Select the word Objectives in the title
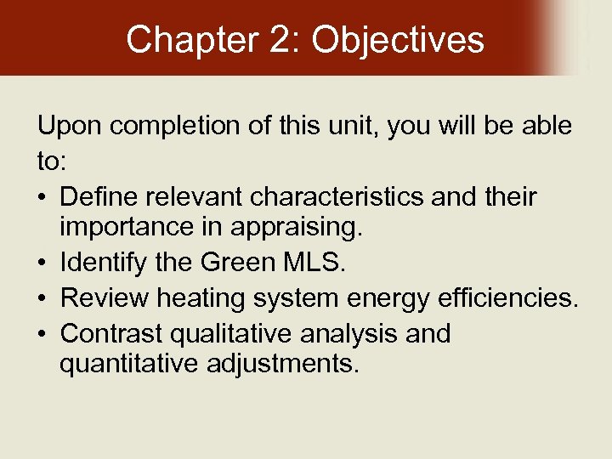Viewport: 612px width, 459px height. coord(399,39)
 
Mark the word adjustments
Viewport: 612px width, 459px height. coord(280,365)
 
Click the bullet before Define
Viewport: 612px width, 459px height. coord(42,198)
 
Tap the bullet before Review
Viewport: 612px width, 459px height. coord(42,299)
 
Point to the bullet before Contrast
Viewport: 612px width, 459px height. coord(42,333)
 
